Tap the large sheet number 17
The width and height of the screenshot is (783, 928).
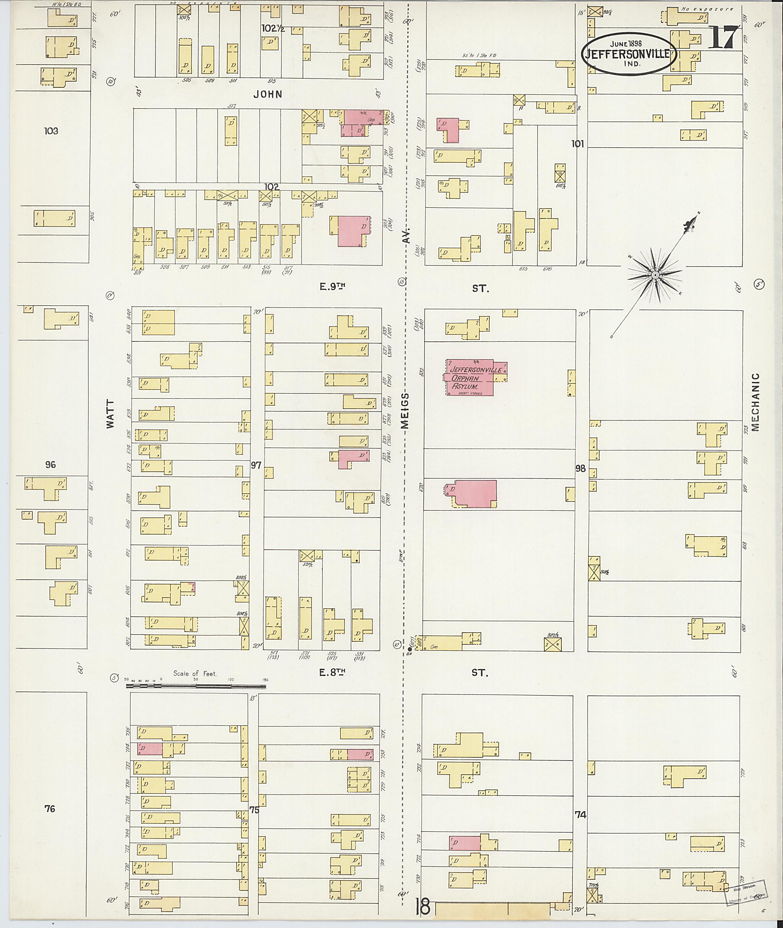(723, 38)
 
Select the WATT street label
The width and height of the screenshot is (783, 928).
(110, 414)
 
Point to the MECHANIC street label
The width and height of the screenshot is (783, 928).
(756, 402)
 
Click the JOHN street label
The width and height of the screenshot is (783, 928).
(268, 94)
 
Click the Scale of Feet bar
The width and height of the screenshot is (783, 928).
(196, 686)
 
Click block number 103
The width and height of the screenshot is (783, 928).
(51, 131)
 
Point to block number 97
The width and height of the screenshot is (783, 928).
(256, 465)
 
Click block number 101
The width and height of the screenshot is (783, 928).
(577, 144)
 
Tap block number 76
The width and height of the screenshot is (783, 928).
(50, 809)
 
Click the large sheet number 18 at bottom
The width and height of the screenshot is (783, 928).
(422, 906)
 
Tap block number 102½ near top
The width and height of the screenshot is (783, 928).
(273, 28)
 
